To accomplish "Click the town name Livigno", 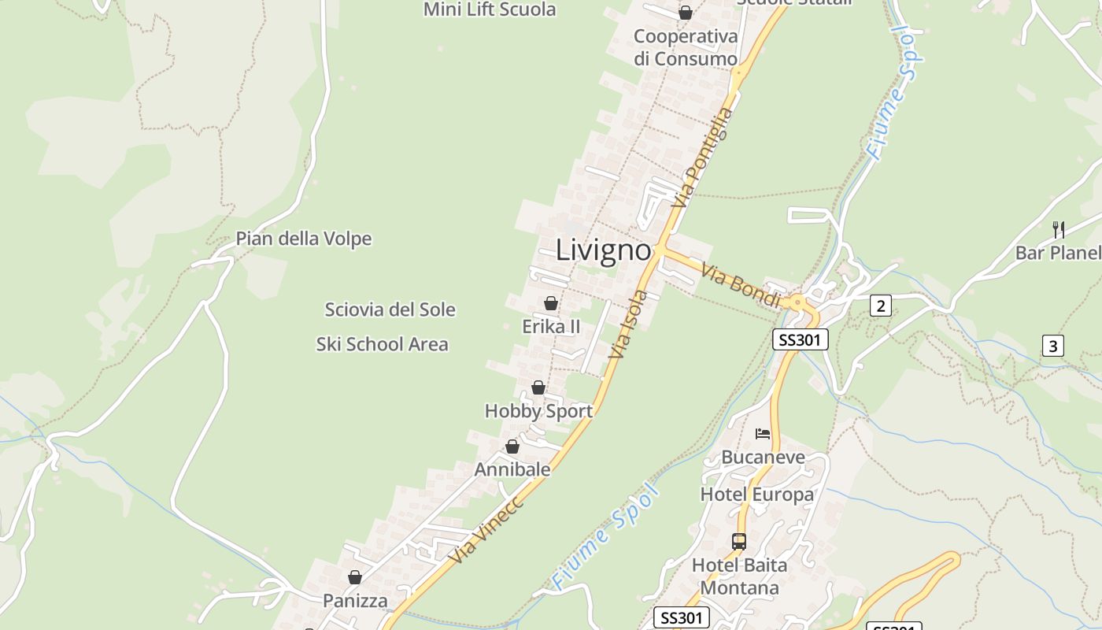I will click(604, 250).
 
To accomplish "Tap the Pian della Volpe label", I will click(303, 239).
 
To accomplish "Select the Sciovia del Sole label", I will click(390, 309).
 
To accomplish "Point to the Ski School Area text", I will click(382, 344).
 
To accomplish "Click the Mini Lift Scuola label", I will click(490, 9).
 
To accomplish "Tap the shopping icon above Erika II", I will click(551, 303).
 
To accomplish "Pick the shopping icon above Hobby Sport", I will click(538, 387).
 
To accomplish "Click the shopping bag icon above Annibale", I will click(512, 447).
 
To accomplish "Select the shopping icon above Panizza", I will click(355, 577).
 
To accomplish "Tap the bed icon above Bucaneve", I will click(763, 434).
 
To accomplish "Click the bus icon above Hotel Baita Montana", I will click(738, 541).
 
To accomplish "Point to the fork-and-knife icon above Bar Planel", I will click(1059, 230).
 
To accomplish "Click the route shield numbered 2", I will click(881, 306).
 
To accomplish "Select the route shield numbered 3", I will click(1053, 345).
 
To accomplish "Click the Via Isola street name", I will click(628, 324).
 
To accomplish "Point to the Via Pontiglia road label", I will click(702, 157).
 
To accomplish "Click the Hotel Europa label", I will click(757, 495).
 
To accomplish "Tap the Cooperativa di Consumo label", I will click(686, 47).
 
